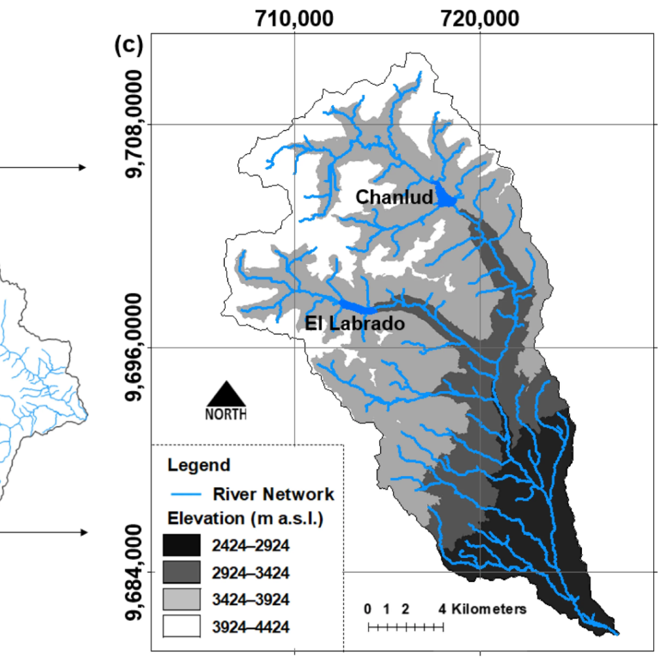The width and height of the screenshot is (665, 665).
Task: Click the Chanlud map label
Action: [394, 197]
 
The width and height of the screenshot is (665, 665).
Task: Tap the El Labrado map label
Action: [355, 323]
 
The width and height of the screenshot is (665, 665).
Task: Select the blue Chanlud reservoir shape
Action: [446, 197]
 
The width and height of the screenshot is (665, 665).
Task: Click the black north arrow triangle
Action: [226, 394]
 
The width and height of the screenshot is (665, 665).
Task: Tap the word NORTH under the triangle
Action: [226, 414]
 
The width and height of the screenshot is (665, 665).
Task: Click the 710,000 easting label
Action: [295, 19]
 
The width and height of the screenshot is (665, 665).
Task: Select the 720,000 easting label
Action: [480, 19]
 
